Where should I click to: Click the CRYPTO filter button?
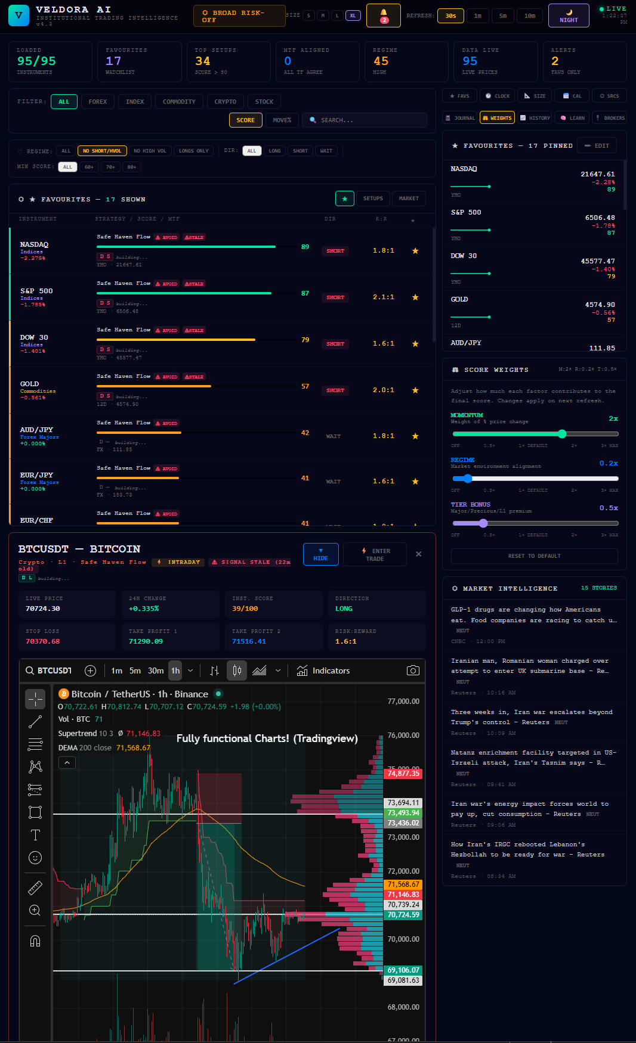[225, 102]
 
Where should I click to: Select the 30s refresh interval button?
[450, 16]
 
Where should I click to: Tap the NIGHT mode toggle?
[569, 16]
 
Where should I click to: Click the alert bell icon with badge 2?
[384, 15]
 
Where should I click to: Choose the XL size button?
[353, 15]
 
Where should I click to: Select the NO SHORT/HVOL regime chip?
[102, 151]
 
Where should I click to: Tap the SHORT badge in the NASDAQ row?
[335, 251]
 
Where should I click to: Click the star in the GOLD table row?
[415, 390]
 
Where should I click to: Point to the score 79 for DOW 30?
[305, 340]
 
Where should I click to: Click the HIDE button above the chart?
[320, 554]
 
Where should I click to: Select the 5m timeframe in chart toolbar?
[135, 670]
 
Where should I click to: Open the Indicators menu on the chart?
[323, 670]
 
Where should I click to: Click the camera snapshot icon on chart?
[412, 670]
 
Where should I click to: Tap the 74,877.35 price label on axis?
[403, 774]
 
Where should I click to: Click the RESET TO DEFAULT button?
[534, 556]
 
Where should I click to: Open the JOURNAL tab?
[460, 118]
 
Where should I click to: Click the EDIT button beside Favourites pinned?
[597, 146]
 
